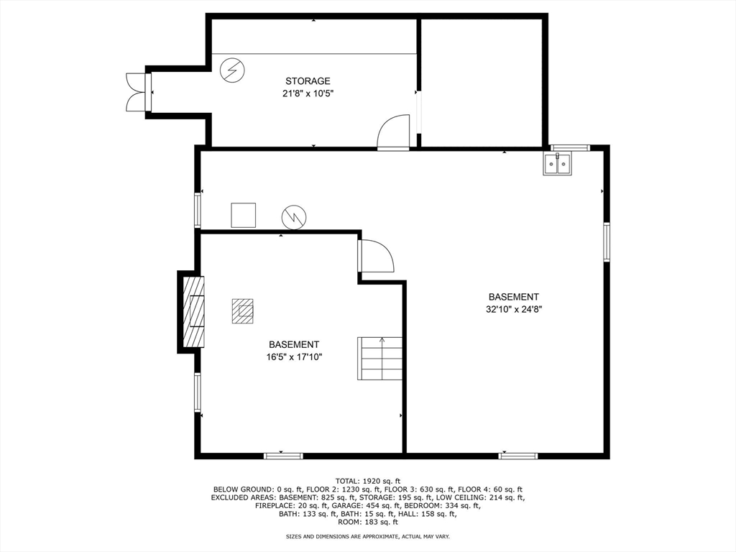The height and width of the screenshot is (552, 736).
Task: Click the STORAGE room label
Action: [x=308, y=81]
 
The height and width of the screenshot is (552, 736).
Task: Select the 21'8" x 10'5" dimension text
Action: [x=308, y=93]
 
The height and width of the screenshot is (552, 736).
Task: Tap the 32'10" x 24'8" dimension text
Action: [x=513, y=310]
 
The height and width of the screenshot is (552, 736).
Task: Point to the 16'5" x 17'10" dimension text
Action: [x=294, y=357]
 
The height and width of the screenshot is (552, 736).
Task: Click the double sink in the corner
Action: [x=557, y=164]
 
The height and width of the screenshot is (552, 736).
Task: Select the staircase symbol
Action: [x=380, y=359]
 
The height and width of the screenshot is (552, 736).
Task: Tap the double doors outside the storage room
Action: [x=136, y=92]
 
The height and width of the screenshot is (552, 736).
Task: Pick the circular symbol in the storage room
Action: [x=232, y=70]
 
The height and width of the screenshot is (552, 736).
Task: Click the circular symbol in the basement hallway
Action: [x=294, y=216]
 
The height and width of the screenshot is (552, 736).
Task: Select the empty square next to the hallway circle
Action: [x=243, y=215]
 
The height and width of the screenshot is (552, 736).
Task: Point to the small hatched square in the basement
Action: [x=242, y=311]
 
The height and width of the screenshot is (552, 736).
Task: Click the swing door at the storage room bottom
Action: [x=394, y=132]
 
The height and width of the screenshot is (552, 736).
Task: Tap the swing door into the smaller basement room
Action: [x=377, y=256]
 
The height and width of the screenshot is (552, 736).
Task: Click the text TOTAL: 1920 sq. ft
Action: [x=367, y=481]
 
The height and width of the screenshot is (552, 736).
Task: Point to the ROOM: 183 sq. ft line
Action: [x=367, y=523]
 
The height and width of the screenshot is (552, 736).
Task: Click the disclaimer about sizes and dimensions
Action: [x=367, y=537]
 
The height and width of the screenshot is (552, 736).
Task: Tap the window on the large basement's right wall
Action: [x=607, y=241]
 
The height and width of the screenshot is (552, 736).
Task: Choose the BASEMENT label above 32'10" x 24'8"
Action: [x=513, y=297]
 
